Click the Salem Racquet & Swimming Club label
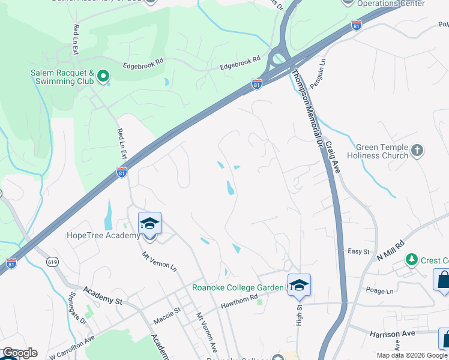pos(63,77)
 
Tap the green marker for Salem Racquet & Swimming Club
pos(103,76)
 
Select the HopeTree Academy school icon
pos(149,224)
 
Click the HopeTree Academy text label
pos(103,236)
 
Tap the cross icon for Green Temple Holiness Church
pos(417,149)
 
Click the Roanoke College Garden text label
pos(238,287)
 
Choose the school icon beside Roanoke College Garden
pos(298,285)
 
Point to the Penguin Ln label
pos(316,71)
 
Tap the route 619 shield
pos(52,262)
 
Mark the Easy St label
pos(358,251)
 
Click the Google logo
pos(20,353)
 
